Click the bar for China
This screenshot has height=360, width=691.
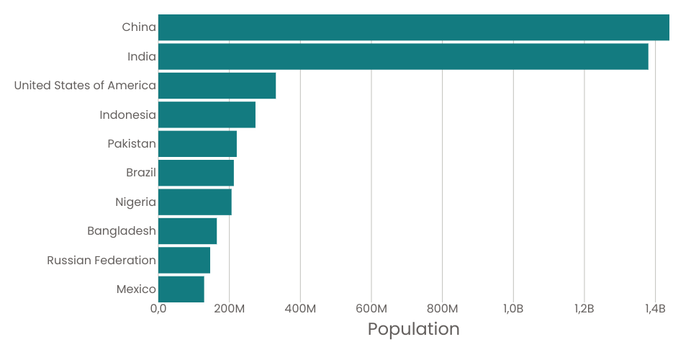(x=414, y=27)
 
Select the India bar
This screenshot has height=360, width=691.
(x=403, y=57)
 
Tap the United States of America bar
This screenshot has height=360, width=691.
(x=217, y=86)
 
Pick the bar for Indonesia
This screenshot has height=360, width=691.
(x=207, y=115)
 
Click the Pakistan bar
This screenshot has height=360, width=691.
(x=197, y=144)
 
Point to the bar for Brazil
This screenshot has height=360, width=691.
(x=196, y=174)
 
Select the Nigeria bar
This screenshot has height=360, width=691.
(x=195, y=202)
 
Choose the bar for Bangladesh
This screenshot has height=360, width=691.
(x=187, y=231)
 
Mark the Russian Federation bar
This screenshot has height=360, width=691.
(x=184, y=260)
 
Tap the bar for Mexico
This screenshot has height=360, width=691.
(x=181, y=289)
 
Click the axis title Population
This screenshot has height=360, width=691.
(x=413, y=329)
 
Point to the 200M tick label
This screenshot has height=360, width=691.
(x=229, y=309)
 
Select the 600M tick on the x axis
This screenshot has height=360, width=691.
(x=371, y=309)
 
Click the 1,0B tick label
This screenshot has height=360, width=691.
(x=513, y=309)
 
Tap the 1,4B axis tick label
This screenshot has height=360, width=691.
(x=655, y=309)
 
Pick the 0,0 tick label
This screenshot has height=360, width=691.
(x=158, y=309)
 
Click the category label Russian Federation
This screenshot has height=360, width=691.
(x=101, y=260)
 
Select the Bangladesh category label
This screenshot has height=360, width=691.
(x=122, y=231)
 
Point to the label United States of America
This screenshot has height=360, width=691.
(x=85, y=86)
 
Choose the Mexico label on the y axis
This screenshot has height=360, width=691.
(x=136, y=289)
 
